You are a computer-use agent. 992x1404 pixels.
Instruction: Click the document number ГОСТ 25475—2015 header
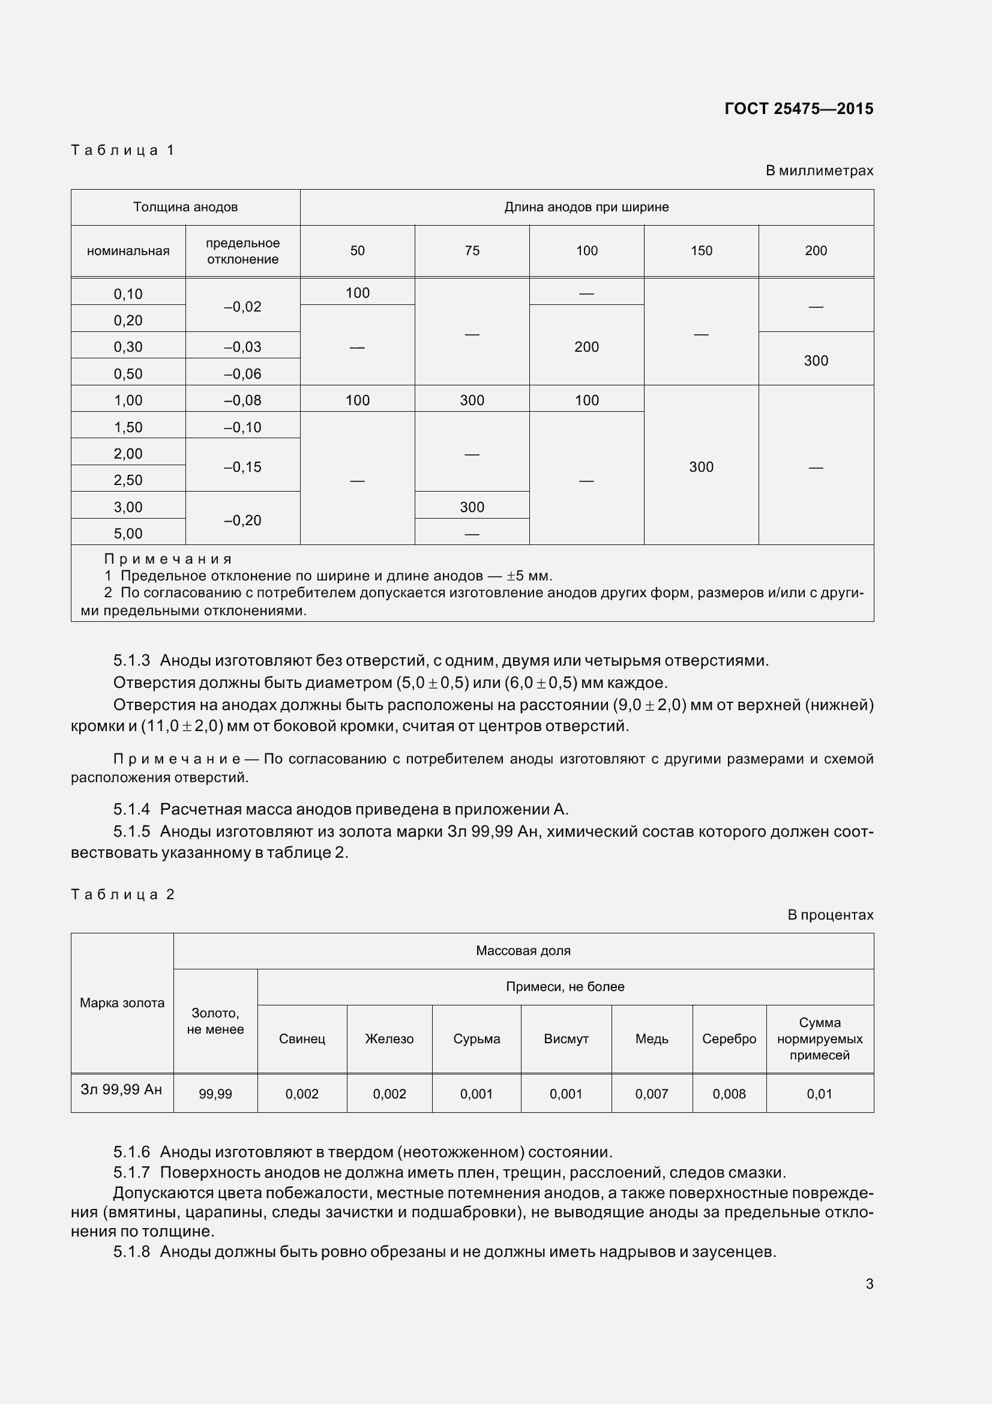(x=798, y=109)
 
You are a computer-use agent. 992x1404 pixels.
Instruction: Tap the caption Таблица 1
(x=123, y=150)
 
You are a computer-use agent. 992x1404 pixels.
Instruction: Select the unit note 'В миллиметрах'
(x=819, y=170)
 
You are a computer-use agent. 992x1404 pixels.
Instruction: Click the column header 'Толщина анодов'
(x=185, y=207)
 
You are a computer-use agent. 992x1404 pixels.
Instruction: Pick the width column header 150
(x=701, y=251)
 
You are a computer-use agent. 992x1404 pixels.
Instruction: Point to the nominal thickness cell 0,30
(x=128, y=347)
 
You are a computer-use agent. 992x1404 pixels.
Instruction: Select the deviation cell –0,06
(x=242, y=373)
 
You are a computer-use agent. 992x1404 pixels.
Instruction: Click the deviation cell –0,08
(x=242, y=400)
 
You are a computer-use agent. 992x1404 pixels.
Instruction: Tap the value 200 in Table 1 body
(x=586, y=347)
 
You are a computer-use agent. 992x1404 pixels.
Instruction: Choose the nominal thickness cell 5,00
(x=128, y=533)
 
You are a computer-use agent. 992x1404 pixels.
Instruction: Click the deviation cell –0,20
(x=242, y=520)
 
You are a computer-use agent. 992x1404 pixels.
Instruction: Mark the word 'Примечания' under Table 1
(x=168, y=559)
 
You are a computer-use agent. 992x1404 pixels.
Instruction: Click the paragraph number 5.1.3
(x=131, y=660)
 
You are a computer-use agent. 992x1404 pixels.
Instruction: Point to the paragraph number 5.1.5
(x=131, y=831)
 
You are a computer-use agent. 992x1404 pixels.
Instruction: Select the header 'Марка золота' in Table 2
(x=122, y=1003)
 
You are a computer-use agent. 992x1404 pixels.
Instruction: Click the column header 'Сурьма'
(x=476, y=1039)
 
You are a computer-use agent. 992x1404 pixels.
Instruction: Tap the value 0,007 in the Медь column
(x=652, y=1094)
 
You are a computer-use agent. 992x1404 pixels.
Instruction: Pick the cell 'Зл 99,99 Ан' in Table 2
(x=122, y=1089)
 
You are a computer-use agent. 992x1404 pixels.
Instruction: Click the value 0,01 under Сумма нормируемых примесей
(x=819, y=1094)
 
